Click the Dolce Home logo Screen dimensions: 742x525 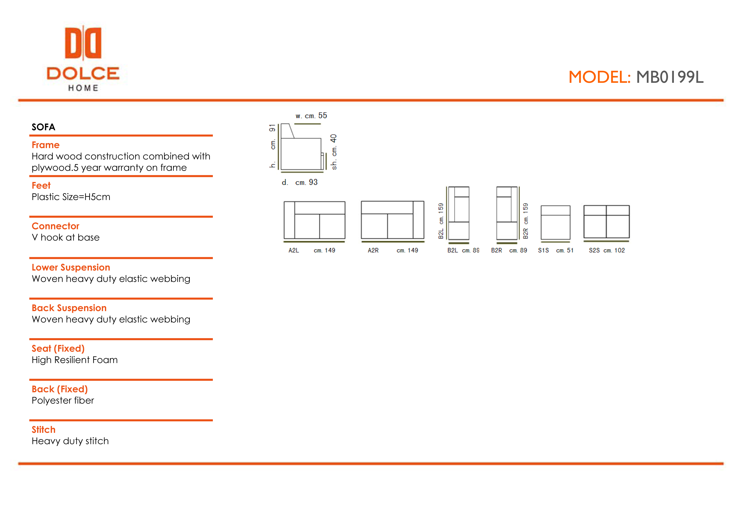click(x=83, y=58)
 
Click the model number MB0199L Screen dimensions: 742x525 click(x=670, y=77)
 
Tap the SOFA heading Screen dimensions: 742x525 click(x=43, y=127)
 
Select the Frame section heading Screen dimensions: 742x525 click(x=45, y=145)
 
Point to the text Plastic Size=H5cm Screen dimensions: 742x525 click(x=71, y=197)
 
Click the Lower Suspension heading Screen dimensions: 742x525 click(x=71, y=267)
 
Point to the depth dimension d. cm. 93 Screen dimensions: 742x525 click(x=300, y=182)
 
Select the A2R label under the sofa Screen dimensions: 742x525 click(x=373, y=250)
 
